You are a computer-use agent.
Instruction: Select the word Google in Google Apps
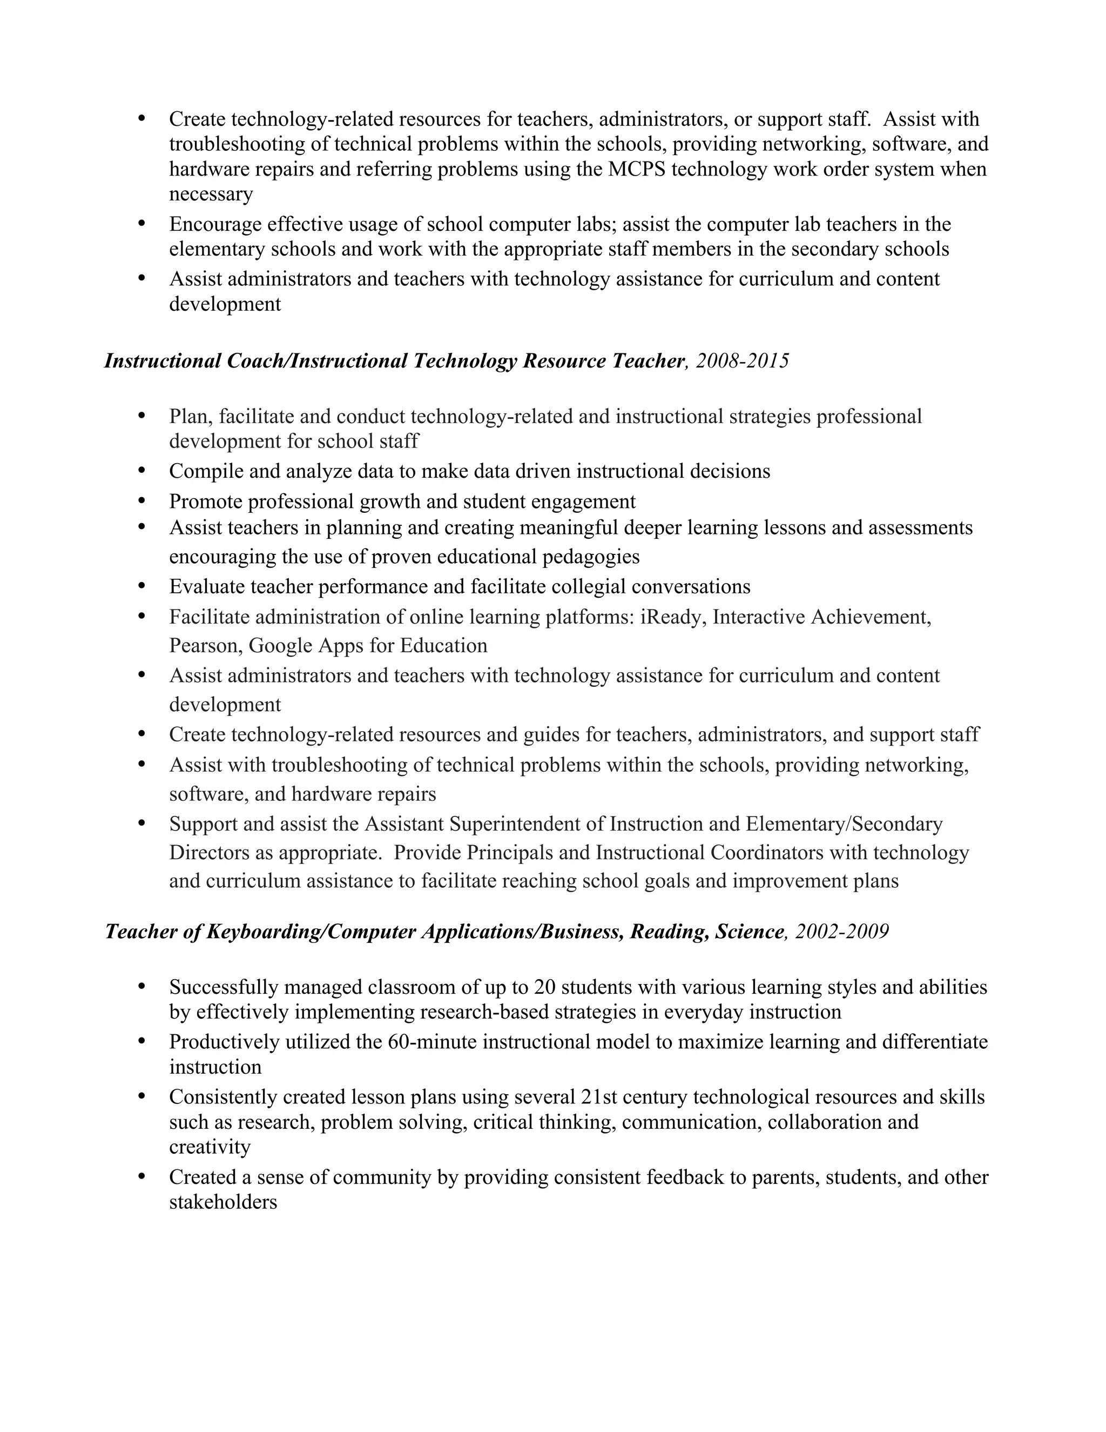click(280, 646)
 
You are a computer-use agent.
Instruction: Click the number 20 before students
click(545, 987)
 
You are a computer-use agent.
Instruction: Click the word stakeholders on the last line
click(223, 1202)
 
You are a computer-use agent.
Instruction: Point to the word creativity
click(210, 1147)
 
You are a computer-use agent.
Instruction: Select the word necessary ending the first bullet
click(211, 194)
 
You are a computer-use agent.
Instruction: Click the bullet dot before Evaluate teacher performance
click(142, 586)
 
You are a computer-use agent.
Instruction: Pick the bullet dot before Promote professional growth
click(142, 501)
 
